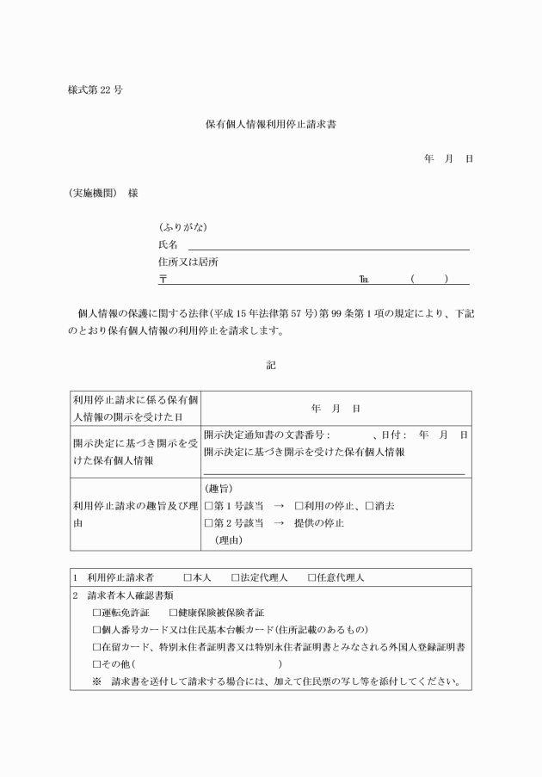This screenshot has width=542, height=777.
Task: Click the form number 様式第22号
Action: click(x=94, y=90)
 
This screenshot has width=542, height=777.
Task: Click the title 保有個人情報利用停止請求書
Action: click(x=270, y=124)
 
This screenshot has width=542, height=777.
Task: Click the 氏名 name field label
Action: click(x=167, y=245)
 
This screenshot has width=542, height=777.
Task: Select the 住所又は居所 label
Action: click(x=188, y=262)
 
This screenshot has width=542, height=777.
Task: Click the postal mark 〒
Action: click(x=163, y=279)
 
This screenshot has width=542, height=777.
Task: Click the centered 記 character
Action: click(x=271, y=365)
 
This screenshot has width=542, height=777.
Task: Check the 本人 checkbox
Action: click(x=187, y=577)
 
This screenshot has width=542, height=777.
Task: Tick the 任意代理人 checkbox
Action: click(x=311, y=577)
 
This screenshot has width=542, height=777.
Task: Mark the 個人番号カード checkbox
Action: click(x=97, y=629)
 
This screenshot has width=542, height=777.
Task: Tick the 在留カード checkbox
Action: click(x=97, y=647)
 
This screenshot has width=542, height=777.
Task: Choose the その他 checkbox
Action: click(x=97, y=664)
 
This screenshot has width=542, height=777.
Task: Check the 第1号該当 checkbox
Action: click(x=208, y=506)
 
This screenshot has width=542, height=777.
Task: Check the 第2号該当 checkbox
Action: click(x=208, y=523)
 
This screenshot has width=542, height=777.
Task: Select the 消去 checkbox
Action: click(x=369, y=506)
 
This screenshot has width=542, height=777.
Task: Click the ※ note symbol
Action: click(x=97, y=682)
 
